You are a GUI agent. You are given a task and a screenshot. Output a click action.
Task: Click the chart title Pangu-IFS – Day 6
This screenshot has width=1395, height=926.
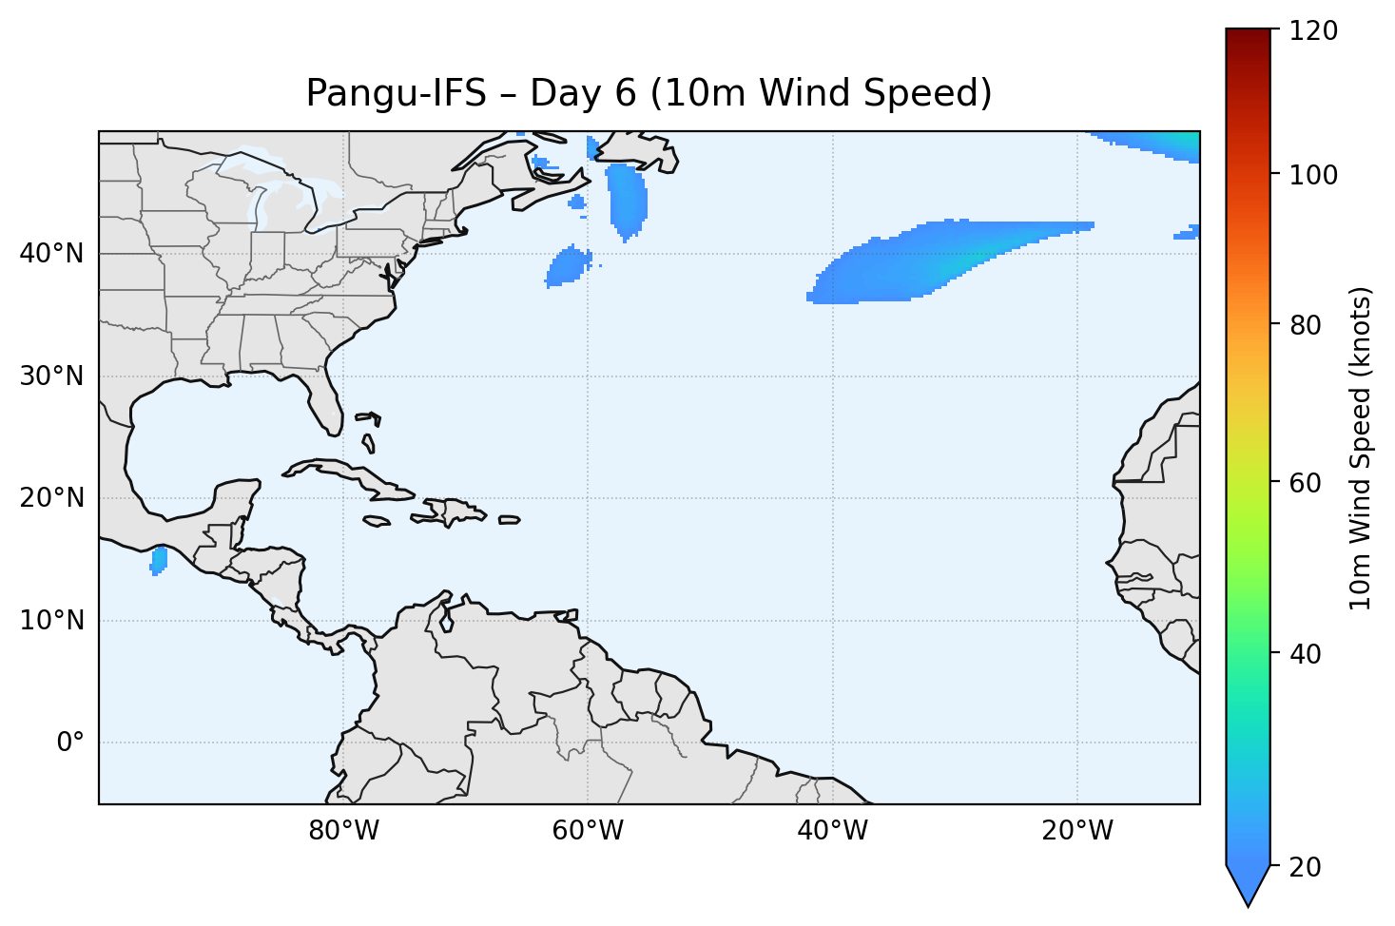click(x=649, y=93)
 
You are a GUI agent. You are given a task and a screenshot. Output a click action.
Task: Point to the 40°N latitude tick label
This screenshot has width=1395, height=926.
click(x=51, y=254)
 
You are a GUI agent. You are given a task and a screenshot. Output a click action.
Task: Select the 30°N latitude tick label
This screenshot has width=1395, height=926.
click(x=51, y=376)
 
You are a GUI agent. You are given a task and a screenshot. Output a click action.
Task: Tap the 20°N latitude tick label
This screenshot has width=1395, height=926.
click(x=51, y=498)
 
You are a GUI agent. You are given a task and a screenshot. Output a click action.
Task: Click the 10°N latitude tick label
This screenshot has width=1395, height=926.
click(x=51, y=621)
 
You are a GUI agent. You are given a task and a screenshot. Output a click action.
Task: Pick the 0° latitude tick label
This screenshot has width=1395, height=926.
click(x=70, y=743)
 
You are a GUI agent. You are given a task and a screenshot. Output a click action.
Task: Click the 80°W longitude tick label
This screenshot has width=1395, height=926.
click(x=343, y=831)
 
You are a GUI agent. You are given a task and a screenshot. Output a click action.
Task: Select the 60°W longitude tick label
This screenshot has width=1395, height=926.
click(x=588, y=831)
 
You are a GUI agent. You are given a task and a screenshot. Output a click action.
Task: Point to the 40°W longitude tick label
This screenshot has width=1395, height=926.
click(x=832, y=831)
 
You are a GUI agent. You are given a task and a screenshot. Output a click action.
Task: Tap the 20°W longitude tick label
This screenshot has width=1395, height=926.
click(x=1076, y=831)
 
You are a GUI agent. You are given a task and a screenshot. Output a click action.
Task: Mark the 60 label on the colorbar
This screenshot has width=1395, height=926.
click(x=1308, y=483)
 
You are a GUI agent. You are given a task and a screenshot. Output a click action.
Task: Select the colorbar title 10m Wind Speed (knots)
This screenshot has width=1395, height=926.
click(x=1361, y=448)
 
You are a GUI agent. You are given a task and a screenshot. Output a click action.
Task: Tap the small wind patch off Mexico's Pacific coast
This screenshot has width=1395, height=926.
click(x=159, y=560)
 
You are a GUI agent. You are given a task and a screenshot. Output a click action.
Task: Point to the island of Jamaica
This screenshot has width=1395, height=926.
click(x=377, y=521)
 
